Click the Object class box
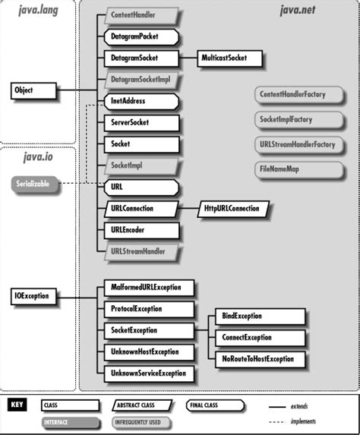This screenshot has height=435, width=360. tap(33, 90)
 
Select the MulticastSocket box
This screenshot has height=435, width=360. tap(229, 58)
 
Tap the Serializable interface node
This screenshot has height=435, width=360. tap(35, 184)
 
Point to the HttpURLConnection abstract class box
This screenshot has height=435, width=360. tap(233, 209)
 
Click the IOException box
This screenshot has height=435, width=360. tap(33, 296)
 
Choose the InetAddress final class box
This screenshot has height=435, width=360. tap(141, 101)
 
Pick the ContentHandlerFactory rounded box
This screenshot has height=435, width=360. tap(298, 95)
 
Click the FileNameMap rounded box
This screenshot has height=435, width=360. tap(298, 169)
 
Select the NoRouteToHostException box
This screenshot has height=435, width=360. tap(260, 359)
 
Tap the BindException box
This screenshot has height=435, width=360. tap(260, 317)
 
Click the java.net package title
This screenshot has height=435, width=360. tap(297, 10)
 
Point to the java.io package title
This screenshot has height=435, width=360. tap(38, 157)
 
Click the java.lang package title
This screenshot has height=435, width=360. tap(38, 11)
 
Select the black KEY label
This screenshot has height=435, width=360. tap(17, 405)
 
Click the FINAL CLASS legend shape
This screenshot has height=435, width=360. tap(215, 405)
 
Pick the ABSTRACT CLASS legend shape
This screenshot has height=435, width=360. tap(142, 405)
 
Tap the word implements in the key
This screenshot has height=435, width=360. tap(303, 421)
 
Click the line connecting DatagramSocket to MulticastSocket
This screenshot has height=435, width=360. tap(188, 58)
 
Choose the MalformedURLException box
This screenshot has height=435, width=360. tap(149, 288)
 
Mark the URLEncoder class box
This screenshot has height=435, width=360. tap(141, 230)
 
